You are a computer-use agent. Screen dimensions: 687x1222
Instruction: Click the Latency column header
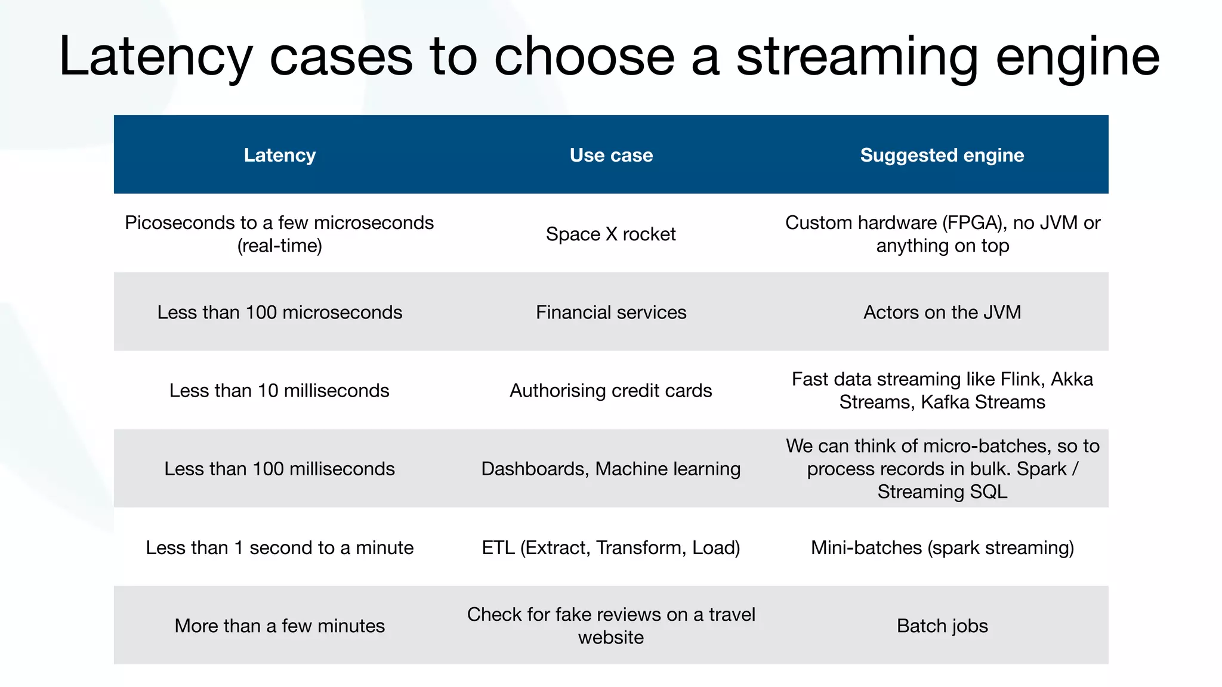(279, 155)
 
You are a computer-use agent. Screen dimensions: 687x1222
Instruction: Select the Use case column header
(611, 155)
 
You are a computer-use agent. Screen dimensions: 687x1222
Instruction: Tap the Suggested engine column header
(942, 155)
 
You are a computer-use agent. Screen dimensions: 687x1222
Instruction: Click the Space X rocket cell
(610, 234)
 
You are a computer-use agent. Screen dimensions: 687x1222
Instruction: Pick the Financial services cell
(611, 312)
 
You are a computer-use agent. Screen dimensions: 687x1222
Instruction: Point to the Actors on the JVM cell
(942, 312)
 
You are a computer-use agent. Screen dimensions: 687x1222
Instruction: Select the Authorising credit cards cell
(610, 391)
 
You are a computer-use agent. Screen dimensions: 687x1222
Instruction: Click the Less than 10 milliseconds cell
(279, 391)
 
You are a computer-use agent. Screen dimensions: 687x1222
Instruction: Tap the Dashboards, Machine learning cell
(610, 469)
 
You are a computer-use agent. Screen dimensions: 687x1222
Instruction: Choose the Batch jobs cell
(942, 626)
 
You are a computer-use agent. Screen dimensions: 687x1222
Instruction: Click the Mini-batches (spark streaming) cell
(942, 547)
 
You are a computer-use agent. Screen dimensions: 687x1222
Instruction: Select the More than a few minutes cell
(279, 626)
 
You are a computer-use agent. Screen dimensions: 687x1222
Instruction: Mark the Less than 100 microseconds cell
(279, 312)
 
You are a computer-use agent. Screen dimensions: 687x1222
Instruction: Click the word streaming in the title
(857, 57)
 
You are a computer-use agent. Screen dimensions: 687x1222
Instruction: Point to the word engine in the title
(1078, 57)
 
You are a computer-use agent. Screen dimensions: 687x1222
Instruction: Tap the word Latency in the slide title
(156, 57)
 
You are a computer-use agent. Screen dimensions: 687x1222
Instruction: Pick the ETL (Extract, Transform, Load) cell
(610, 547)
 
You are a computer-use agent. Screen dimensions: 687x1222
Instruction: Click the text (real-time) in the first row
(279, 245)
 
